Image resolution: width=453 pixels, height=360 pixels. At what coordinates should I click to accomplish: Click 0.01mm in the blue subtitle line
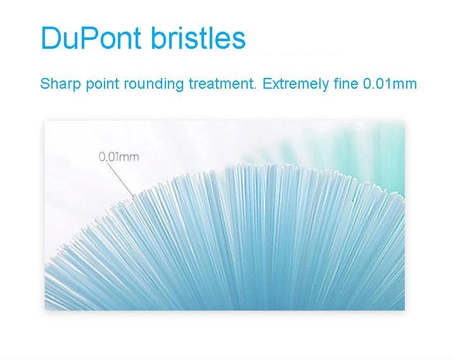[x=390, y=84]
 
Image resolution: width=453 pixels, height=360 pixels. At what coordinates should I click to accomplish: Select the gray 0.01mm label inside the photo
[x=118, y=156]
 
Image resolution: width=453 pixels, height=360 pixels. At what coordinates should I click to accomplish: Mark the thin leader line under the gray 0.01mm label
[x=120, y=178]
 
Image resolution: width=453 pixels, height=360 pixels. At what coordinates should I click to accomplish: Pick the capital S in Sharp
[x=44, y=84]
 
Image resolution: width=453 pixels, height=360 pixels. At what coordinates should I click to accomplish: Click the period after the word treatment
[x=256, y=87]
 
